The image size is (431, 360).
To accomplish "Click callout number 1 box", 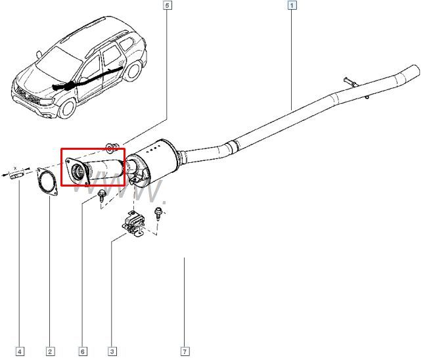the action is click(292, 5).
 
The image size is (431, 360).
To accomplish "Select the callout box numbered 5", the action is click(168, 5).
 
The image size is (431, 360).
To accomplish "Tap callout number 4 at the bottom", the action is click(20, 351).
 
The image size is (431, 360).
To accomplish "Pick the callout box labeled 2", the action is click(50, 351).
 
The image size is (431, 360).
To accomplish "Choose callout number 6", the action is click(83, 351).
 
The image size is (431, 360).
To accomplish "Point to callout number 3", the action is click(112, 351).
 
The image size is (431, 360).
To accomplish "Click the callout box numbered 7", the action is click(185, 351).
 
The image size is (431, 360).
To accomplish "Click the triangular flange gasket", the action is click(39, 176).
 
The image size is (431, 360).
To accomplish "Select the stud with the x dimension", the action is click(17, 175).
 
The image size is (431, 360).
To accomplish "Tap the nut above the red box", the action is click(112, 148).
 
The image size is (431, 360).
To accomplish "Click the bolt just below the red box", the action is click(101, 195).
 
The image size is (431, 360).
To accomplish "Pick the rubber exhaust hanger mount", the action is click(134, 223).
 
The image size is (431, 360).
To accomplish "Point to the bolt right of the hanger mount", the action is click(158, 213).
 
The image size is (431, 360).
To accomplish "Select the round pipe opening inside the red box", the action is click(78, 170).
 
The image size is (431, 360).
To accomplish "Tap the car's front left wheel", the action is click(67, 108).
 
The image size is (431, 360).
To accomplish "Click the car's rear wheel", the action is click(133, 71).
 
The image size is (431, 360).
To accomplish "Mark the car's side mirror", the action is click(39, 55).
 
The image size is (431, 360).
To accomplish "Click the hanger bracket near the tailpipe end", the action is click(350, 82).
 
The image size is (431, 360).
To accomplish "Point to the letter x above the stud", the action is click(15, 168).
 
